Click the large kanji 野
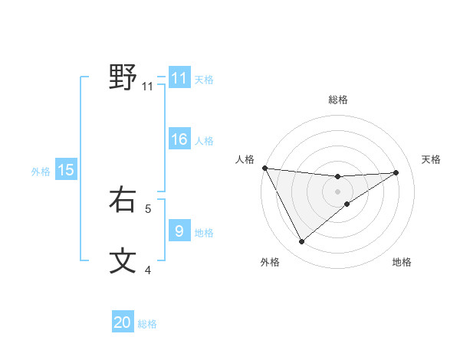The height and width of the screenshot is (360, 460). [x=123, y=77]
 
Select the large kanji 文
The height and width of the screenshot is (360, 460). [x=123, y=260]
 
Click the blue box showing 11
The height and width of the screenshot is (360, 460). [x=179, y=78]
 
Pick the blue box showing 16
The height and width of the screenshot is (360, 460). [x=179, y=139]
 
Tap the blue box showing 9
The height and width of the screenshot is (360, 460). [x=179, y=231]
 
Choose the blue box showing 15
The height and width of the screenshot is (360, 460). [x=66, y=170]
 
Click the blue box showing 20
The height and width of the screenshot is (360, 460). [x=123, y=322]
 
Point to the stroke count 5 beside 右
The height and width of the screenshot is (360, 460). [x=148, y=208]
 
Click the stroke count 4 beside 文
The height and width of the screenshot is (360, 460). [x=148, y=269]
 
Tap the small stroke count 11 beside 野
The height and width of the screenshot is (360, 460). [x=148, y=87]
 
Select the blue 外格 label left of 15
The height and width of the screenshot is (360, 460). [x=41, y=172]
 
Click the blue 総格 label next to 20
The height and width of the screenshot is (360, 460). [x=147, y=324]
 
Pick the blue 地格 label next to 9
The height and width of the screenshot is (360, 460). [x=204, y=233]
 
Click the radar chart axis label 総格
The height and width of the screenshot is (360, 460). [x=337, y=100]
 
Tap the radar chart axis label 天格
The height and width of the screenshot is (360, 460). [x=431, y=159]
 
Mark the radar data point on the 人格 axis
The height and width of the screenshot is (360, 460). [x=264, y=168]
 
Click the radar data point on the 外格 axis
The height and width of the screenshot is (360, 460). [x=301, y=241]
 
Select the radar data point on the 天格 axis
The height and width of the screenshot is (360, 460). [x=396, y=172]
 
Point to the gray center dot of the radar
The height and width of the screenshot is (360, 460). [x=337, y=191]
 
